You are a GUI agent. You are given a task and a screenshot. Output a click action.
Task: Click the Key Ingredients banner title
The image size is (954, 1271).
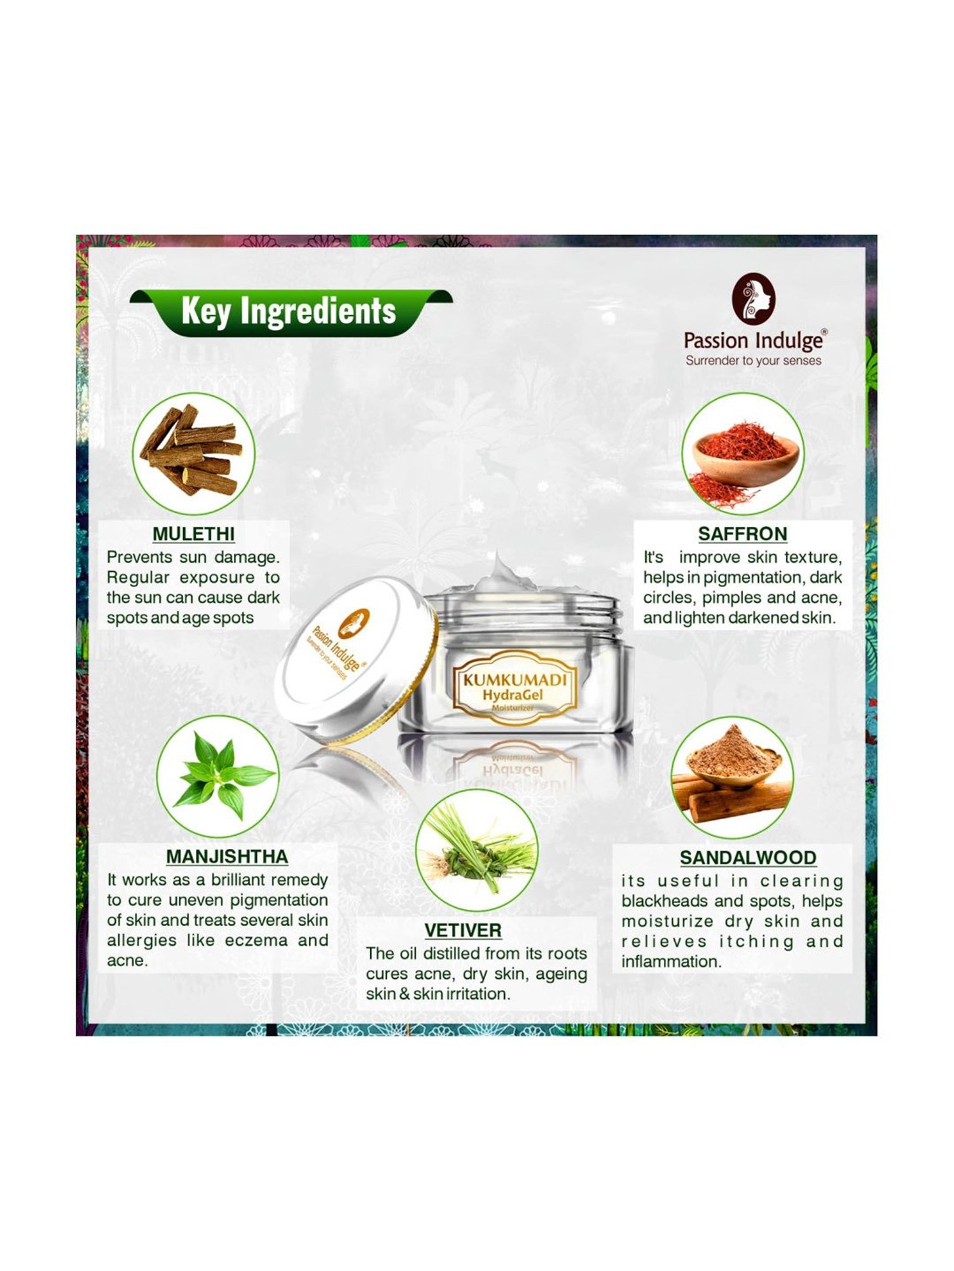pos(288,311)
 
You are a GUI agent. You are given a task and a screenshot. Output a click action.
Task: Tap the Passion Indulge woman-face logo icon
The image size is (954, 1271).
pos(754,299)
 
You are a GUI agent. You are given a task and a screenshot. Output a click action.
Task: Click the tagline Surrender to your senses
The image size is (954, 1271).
pos(753,360)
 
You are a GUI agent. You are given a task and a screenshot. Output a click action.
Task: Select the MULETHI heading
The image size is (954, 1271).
pos(193,534)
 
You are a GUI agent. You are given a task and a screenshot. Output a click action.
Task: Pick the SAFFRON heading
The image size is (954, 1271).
pos(742,534)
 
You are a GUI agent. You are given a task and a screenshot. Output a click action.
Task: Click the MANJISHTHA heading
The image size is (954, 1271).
pos(227,857)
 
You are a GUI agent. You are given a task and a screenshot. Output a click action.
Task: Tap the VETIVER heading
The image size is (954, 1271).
pos(463,930)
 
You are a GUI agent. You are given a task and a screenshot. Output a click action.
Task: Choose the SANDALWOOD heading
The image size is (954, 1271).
pos(748,858)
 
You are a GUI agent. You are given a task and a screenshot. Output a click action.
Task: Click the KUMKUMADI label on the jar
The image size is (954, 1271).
pos(515,679)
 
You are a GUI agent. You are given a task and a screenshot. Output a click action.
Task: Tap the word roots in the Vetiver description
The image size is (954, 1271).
pos(565,954)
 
